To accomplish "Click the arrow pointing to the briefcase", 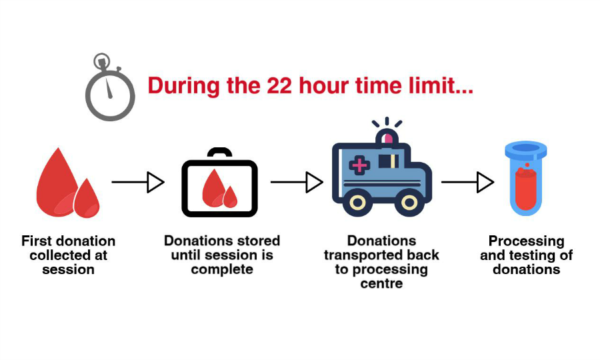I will click(x=138, y=181).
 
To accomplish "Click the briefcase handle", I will click(x=219, y=153).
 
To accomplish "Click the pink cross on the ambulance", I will click(x=359, y=165).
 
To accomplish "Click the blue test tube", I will click(x=526, y=180).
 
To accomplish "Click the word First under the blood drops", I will click(x=37, y=241).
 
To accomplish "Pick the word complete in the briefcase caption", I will click(x=222, y=270).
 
